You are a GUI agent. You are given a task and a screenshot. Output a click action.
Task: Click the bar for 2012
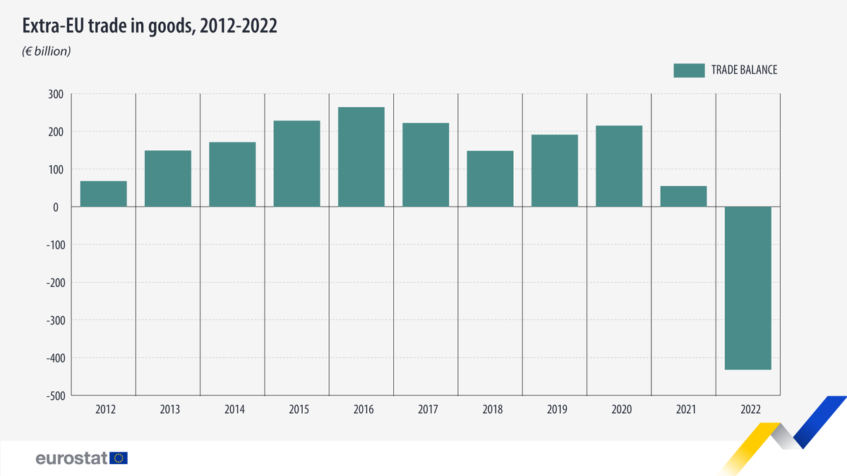tap(104, 194)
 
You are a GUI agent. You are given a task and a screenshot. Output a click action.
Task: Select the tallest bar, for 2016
tap(361, 157)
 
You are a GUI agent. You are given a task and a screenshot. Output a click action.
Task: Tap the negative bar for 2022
tap(748, 288)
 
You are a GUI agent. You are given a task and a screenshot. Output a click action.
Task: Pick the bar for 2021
tap(684, 196)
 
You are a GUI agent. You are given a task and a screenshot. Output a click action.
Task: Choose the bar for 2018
tap(491, 178)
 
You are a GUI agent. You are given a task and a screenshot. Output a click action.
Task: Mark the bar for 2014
tap(232, 174)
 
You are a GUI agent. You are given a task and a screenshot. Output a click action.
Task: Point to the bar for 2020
tap(619, 166)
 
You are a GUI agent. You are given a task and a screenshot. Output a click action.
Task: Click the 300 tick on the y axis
tap(56, 94)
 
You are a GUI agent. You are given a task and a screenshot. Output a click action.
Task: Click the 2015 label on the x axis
tap(296, 409)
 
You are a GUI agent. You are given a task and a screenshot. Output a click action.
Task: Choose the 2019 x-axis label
tap(555, 409)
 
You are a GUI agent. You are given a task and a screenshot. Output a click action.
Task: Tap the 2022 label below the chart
tap(748, 409)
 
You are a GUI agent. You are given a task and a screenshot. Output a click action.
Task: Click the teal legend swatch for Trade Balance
tap(689, 70)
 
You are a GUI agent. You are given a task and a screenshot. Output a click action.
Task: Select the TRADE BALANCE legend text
tap(744, 70)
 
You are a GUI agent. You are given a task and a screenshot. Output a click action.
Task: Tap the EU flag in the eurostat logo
tap(119, 458)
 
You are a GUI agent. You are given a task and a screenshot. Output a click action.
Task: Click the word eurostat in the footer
tap(71, 458)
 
